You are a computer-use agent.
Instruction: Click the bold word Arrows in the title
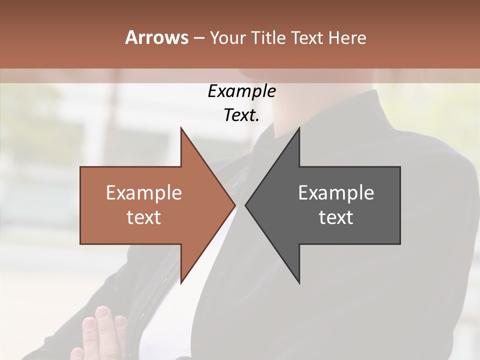click(x=156, y=37)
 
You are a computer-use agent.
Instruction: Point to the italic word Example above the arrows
click(x=241, y=91)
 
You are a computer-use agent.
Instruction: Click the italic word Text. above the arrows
click(x=241, y=115)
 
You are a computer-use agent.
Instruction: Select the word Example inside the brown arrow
click(x=144, y=192)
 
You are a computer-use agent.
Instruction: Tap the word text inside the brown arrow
click(x=144, y=217)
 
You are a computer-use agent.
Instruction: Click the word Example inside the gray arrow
click(x=336, y=192)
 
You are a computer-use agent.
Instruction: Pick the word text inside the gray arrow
click(x=336, y=217)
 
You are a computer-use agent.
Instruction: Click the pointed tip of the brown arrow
click(x=234, y=205)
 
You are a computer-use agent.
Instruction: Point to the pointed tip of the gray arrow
click(x=246, y=205)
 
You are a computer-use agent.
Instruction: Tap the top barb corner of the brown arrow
click(x=181, y=128)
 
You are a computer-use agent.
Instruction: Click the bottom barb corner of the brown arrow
click(x=181, y=282)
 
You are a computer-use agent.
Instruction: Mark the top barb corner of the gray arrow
click(x=299, y=128)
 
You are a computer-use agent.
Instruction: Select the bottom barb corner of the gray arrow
click(x=299, y=282)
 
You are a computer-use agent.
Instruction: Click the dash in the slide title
click(x=198, y=38)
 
